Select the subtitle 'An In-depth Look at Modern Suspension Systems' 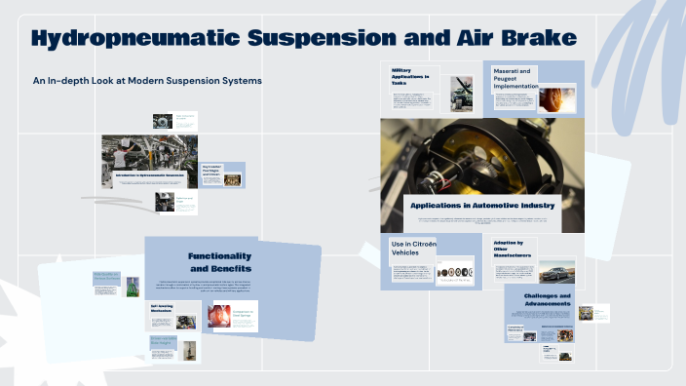147,80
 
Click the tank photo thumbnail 461,94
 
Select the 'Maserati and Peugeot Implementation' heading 514,78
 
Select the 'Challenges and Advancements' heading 547,300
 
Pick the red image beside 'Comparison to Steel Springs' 222,315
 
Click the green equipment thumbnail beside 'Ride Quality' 133,286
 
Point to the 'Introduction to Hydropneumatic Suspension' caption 150,175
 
